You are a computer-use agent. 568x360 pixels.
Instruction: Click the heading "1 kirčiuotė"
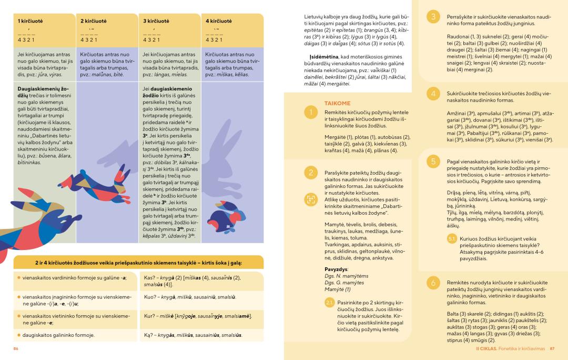pos(31,21)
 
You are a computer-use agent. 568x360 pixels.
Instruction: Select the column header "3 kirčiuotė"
pos(156,21)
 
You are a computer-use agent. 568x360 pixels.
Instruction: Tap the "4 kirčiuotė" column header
pos(218,21)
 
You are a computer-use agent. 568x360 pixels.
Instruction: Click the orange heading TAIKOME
pos(338,104)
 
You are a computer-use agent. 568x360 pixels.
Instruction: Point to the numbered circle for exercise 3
pos(433,17)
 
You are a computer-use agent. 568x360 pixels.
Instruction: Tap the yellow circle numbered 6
pos(433,283)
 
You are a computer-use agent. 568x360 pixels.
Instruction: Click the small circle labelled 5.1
pos(452,239)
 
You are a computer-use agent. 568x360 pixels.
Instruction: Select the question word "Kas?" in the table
pos(149,277)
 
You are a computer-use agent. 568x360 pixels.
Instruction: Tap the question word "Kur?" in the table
pos(149,316)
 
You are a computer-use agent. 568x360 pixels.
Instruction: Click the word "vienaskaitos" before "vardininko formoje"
pos(39,277)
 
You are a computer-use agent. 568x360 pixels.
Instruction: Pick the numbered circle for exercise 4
pos(433,94)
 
